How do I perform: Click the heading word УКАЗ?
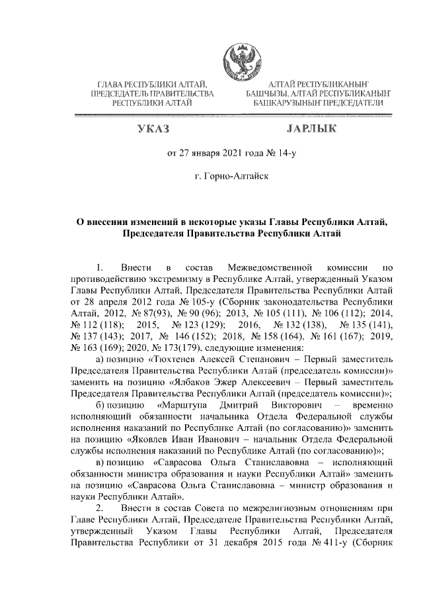pyautogui.click(x=152, y=128)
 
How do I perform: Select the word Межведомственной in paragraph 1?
pyautogui.click(x=269, y=268)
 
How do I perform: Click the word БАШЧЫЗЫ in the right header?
pyautogui.click(x=266, y=94)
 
